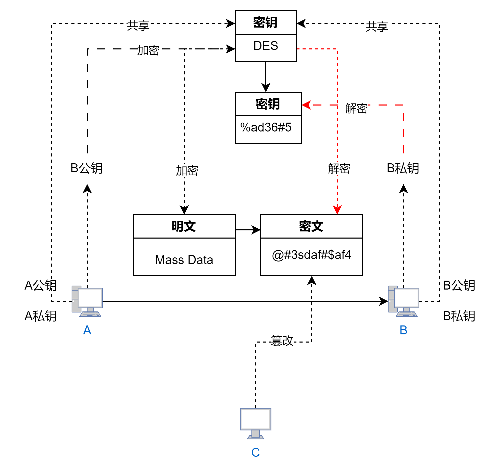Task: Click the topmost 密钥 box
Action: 266,22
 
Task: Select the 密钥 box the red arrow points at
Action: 268,104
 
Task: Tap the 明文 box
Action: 184,226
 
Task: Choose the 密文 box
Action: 311,226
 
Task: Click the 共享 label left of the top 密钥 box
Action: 139,26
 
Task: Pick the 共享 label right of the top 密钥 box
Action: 377,27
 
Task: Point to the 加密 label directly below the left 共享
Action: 149,50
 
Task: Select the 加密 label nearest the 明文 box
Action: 187,171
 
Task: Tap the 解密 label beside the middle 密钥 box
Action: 357,109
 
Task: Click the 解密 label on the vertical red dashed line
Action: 340,169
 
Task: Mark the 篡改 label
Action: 282,341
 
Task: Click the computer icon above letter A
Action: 87,301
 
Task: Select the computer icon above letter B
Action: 404,301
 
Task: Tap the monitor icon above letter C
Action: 256,423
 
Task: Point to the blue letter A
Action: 87,330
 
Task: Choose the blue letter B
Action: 404,330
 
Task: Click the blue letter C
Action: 256,453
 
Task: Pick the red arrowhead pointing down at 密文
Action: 337,210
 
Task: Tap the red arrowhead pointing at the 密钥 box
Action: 306,105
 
